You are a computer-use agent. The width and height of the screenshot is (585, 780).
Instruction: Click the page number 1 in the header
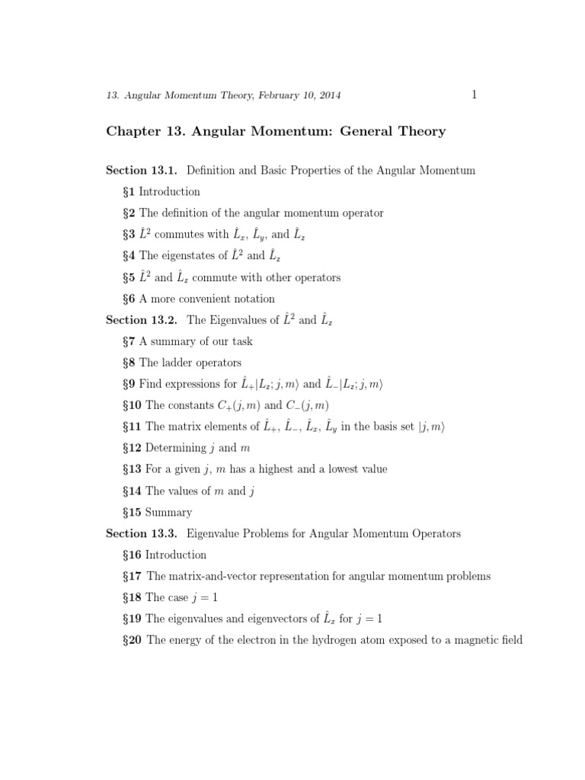tap(475, 94)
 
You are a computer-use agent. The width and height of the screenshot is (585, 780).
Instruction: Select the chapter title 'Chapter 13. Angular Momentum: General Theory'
tap(275, 132)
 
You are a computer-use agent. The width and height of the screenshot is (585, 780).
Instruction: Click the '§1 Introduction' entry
tap(161, 192)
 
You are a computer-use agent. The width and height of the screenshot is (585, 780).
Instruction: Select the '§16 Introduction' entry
tap(164, 555)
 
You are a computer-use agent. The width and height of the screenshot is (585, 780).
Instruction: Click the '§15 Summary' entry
tap(157, 513)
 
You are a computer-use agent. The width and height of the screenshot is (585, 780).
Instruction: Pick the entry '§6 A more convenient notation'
tap(198, 299)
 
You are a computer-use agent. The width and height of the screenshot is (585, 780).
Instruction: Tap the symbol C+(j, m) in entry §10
tap(227, 405)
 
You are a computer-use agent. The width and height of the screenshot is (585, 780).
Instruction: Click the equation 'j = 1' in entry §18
tap(202, 598)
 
